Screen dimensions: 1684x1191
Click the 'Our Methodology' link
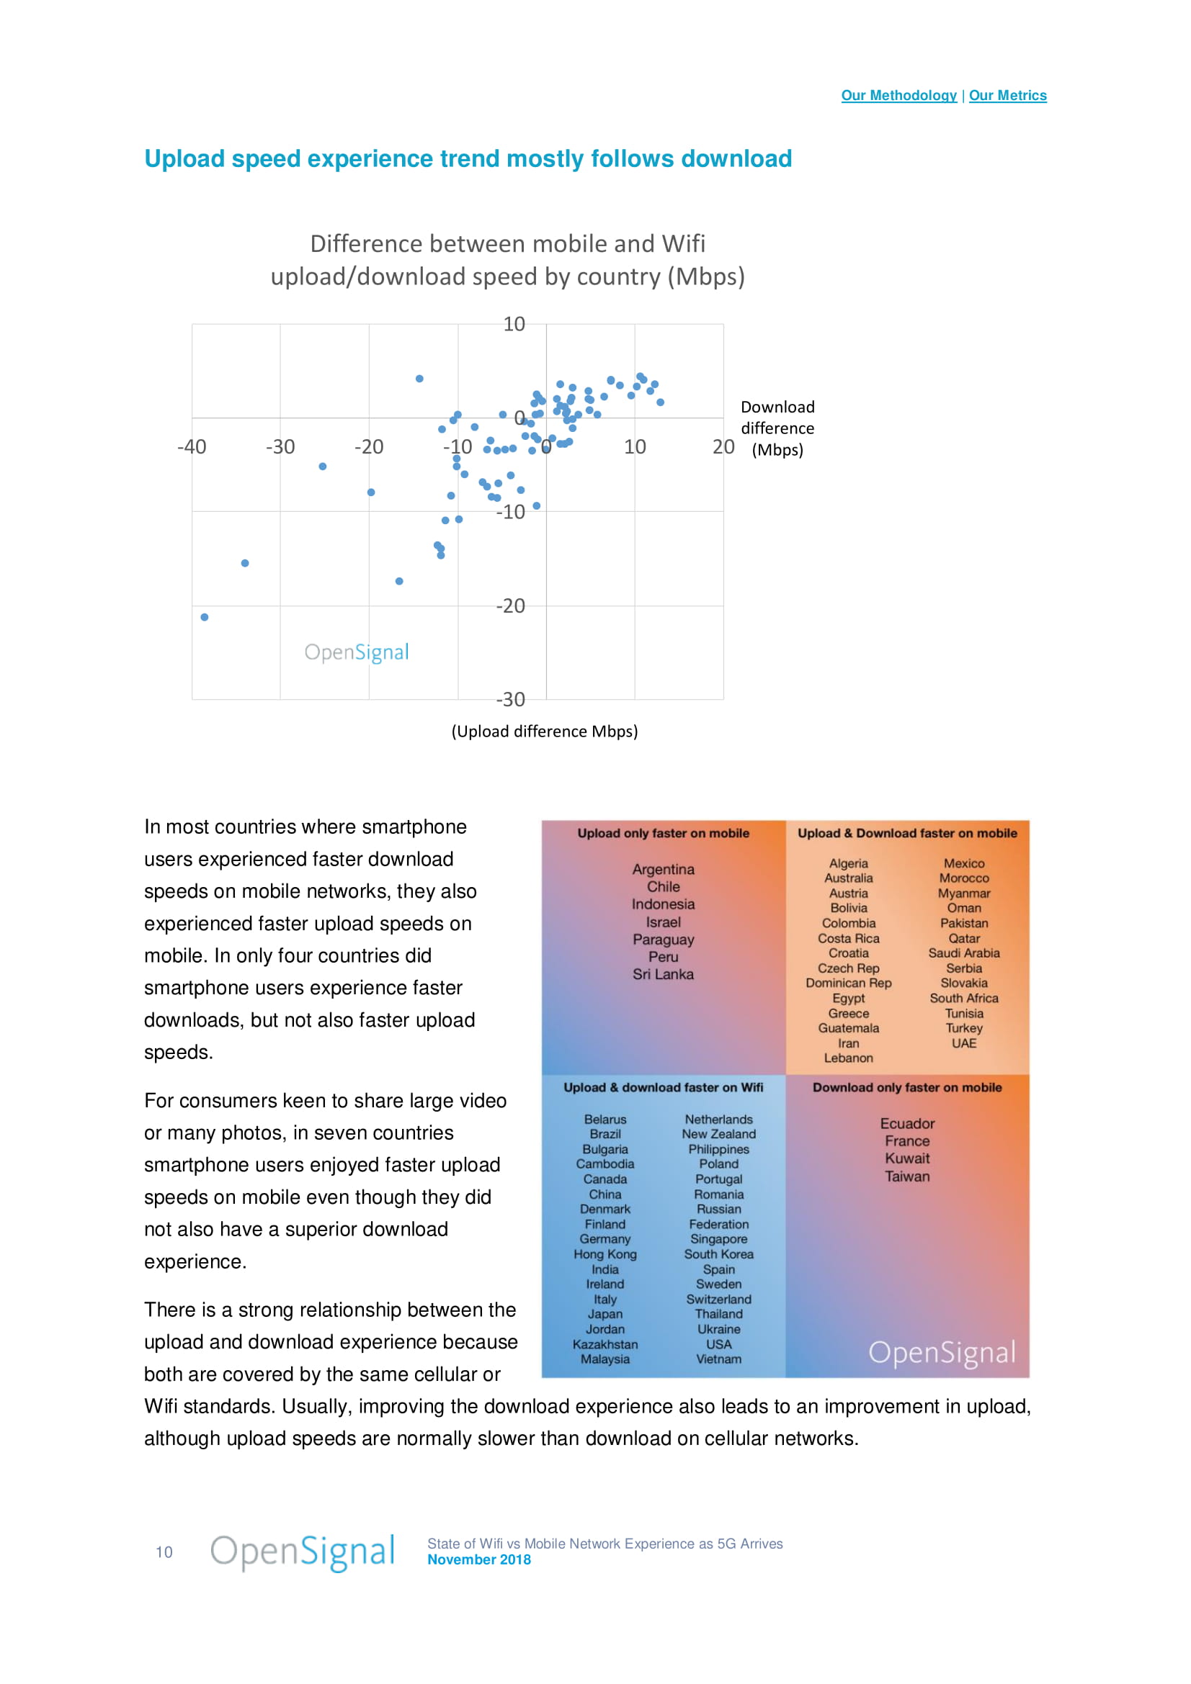coord(898,95)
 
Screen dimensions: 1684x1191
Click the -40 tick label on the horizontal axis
coord(192,446)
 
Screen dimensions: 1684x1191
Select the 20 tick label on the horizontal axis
coord(723,446)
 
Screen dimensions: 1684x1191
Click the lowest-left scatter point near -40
coord(205,617)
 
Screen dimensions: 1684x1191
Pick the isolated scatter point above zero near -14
coord(420,379)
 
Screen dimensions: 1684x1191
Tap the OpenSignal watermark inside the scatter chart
coord(357,652)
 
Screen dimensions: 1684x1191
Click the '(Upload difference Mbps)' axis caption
coord(545,731)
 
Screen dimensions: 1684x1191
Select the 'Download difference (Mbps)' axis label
coord(777,428)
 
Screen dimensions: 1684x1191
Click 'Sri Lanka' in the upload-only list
coord(663,974)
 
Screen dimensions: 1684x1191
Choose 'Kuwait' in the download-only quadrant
coord(907,1158)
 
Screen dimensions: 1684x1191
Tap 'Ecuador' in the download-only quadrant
coord(907,1123)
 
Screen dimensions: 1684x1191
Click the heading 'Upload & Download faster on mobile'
coord(907,833)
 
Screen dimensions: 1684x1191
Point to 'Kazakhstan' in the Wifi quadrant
coord(605,1344)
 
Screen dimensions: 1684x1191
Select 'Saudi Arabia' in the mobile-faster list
coord(963,953)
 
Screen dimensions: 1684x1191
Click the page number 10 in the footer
coord(164,1552)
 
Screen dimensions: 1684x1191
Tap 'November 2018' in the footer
coord(479,1559)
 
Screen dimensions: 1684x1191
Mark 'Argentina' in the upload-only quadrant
coord(663,869)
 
